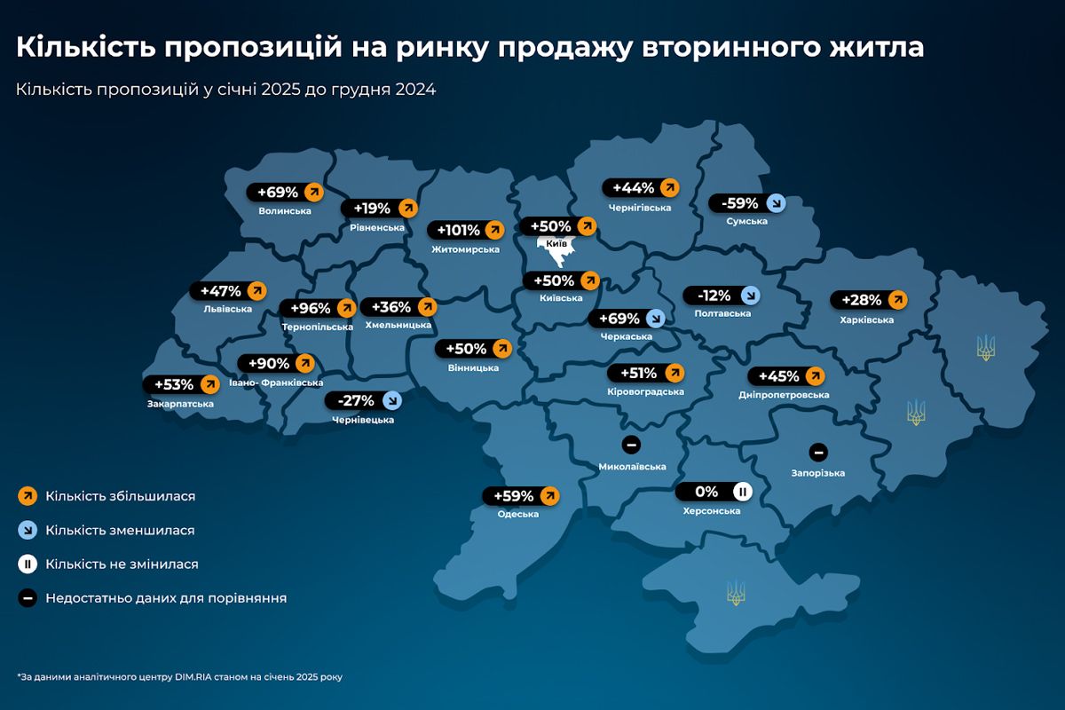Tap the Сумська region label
(745, 221)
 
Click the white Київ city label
(556, 243)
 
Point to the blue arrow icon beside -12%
(750, 296)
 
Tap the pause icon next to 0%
(742, 492)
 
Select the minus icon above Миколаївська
(631, 445)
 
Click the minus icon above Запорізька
(817, 452)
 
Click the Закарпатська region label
(180, 404)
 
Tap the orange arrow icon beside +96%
(344, 309)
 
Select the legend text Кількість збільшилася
(120, 496)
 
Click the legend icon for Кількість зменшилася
(28, 530)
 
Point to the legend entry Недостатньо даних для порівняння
(166, 598)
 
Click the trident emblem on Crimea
(735, 592)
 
